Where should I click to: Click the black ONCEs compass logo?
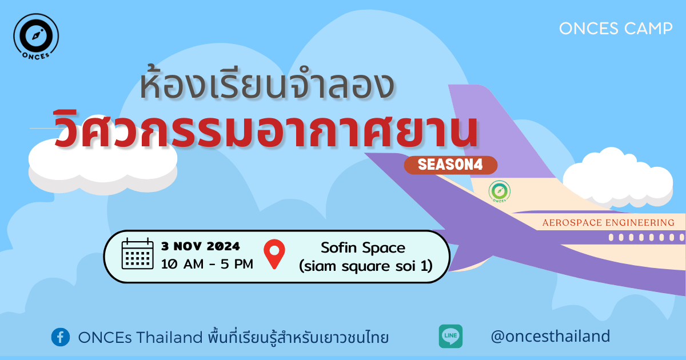point(36,37)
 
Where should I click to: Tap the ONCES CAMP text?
point(616,29)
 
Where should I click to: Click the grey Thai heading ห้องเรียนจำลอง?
point(267,83)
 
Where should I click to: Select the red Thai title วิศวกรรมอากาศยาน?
point(266,130)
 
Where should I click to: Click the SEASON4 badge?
point(450,165)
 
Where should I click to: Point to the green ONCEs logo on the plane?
point(500,191)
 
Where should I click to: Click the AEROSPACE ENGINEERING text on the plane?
point(608,222)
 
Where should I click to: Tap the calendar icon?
point(138,254)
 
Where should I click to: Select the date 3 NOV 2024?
point(201,246)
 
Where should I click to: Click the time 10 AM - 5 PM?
point(207,264)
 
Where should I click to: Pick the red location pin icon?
point(274,254)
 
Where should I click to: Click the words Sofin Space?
point(363,247)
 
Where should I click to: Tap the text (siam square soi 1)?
point(366,266)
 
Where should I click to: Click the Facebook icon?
point(61,337)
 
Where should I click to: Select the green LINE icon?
point(450,336)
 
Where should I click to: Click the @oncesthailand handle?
point(551,336)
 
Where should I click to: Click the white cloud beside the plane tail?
point(617,178)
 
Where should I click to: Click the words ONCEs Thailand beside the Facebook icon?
point(140,337)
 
